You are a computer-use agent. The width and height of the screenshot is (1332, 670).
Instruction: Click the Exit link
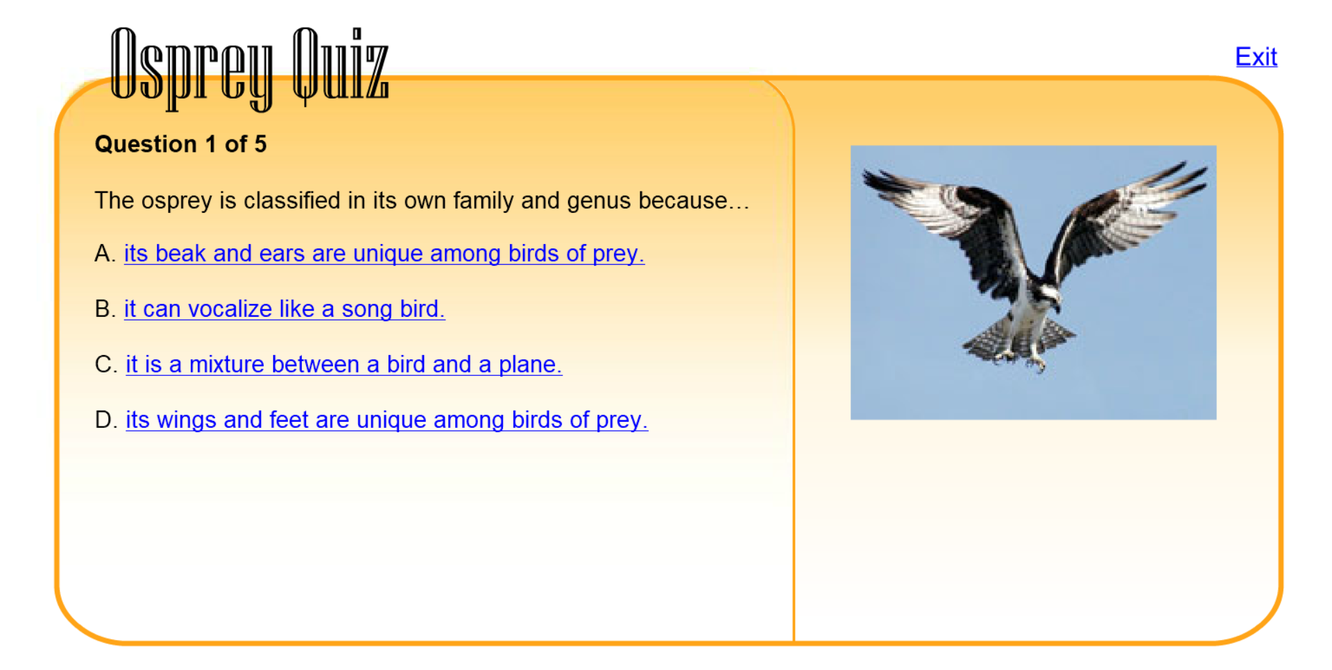1256,56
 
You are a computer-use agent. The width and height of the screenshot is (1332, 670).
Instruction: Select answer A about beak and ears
384,254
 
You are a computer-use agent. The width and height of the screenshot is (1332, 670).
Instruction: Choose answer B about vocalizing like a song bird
284,309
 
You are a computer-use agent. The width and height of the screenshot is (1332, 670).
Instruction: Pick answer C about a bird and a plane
343,365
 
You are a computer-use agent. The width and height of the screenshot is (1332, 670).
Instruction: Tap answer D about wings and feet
386,420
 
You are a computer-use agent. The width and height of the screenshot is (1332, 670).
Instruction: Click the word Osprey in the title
191,68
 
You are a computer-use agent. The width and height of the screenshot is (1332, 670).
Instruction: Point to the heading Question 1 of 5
180,144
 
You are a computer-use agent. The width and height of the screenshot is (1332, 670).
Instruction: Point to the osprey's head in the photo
1046,295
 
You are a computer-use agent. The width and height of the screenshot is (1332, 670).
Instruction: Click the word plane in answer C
530,365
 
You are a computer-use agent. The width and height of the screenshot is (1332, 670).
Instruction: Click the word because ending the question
683,201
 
